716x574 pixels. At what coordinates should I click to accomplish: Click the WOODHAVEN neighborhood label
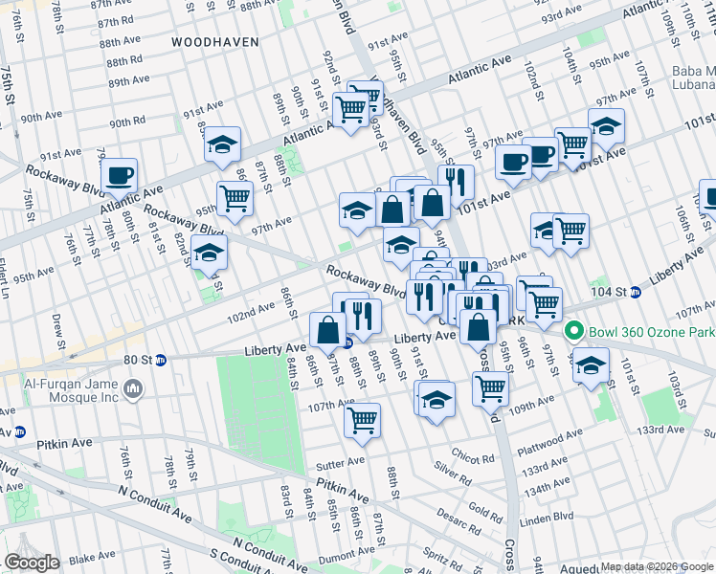213,42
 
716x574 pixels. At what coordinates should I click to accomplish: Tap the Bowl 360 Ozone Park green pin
574,332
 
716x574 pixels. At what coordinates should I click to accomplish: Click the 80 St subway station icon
161,361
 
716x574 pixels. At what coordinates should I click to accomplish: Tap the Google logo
32,562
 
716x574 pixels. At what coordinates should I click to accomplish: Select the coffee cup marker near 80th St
120,175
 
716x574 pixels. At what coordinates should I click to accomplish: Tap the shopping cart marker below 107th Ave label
362,419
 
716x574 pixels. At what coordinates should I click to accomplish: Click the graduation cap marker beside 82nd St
209,254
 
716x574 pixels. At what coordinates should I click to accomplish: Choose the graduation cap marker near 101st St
592,364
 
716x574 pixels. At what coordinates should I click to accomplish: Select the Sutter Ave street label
342,461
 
